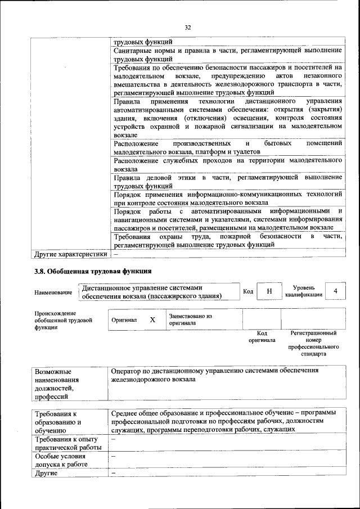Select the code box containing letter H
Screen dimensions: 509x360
269,291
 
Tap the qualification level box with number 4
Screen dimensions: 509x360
335,291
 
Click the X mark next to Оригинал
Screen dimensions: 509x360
152,319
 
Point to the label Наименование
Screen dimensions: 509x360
53,292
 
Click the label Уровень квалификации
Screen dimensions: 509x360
303,291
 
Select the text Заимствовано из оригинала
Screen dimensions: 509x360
190,319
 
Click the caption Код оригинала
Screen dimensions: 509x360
262,336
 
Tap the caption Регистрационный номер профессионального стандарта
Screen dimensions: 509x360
313,344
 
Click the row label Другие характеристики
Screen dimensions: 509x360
71,254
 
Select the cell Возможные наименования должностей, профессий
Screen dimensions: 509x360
60,384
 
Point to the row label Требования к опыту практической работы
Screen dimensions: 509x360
67,443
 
